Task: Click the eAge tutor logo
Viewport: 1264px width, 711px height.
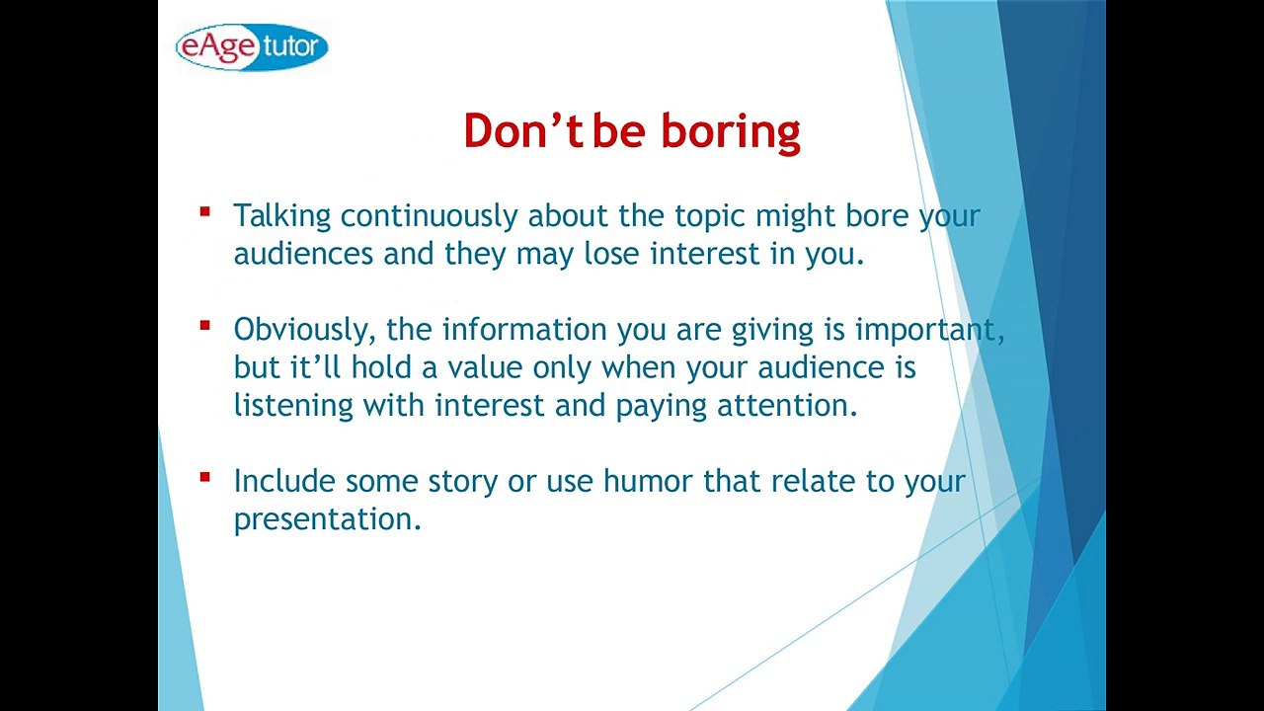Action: (x=252, y=46)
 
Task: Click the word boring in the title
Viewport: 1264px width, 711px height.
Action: (x=731, y=133)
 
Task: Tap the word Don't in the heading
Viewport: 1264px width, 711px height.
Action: (x=523, y=131)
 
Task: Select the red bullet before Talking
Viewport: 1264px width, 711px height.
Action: (x=204, y=212)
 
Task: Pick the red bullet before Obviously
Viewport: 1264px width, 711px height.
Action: (x=204, y=326)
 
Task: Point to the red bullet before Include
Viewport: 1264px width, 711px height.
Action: (x=204, y=477)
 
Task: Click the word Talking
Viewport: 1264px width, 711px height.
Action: (x=282, y=216)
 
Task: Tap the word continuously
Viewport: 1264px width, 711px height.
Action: (x=429, y=216)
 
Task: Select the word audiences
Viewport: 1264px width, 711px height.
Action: (x=303, y=254)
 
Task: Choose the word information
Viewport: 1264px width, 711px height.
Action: (x=524, y=329)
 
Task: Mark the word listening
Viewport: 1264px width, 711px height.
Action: (x=293, y=407)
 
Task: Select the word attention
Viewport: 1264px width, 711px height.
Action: (x=788, y=405)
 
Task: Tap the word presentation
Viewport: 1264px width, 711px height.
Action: (x=328, y=520)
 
